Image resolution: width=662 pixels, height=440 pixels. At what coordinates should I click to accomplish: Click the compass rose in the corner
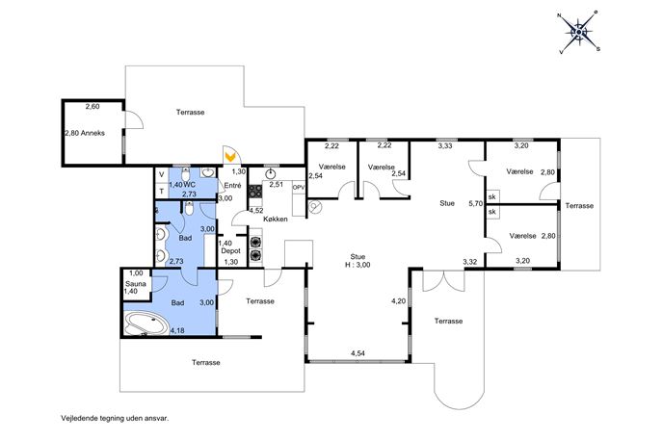tap(578, 32)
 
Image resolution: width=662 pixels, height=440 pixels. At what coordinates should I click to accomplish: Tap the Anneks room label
tap(93, 133)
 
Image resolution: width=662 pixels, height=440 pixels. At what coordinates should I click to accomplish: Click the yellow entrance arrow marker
tap(230, 157)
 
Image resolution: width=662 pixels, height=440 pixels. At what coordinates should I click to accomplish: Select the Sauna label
tap(136, 284)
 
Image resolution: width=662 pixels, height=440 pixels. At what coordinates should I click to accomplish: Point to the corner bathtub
tap(146, 324)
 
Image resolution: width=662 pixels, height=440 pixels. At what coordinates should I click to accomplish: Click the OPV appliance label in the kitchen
tap(299, 188)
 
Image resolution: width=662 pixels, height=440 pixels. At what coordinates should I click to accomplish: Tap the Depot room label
tap(231, 251)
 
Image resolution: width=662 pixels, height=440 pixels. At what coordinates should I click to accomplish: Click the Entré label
tap(232, 185)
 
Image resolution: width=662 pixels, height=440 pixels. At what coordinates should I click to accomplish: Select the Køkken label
tap(276, 219)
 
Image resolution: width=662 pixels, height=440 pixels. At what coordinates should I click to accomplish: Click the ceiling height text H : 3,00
tap(357, 265)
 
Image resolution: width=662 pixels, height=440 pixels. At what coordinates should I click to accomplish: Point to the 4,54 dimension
tap(357, 353)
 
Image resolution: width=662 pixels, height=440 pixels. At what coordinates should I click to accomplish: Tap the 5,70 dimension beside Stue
tap(475, 203)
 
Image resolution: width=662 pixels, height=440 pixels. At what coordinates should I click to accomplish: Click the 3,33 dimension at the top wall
tap(446, 146)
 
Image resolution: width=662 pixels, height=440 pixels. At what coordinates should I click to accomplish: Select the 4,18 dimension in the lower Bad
tap(177, 331)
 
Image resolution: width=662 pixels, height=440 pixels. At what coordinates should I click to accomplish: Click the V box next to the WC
tap(162, 174)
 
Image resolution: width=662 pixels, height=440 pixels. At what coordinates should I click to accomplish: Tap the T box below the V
tap(162, 191)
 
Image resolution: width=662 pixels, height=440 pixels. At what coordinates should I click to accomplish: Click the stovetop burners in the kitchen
tap(255, 191)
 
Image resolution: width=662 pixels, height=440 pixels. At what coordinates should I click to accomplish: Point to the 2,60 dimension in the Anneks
tap(93, 107)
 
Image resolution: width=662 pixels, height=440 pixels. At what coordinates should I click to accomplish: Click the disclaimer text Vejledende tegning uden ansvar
tap(115, 419)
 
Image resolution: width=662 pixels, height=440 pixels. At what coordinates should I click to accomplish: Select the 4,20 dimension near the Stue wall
tap(399, 301)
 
